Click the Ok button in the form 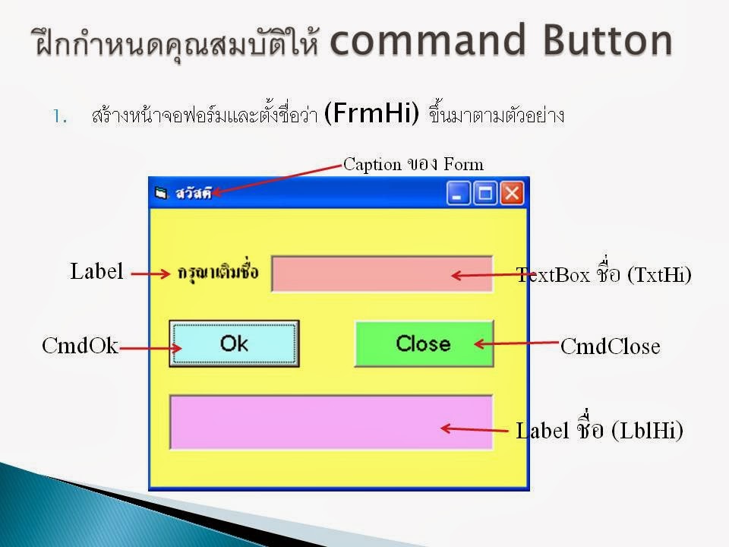[x=234, y=343]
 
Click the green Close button [x=424, y=343]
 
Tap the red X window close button [x=512, y=193]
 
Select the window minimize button [x=459, y=193]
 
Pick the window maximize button [x=485, y=193]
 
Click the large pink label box [x=331, y=422]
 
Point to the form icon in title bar [x=160, y=193]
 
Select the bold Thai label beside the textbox [x=217, y=272]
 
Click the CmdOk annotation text [x=80, y=346]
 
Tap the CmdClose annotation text [x=611, y=347]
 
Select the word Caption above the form [x=372, y=163]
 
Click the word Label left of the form [x=96, y=271]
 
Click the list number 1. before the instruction [x=60, y=117]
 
